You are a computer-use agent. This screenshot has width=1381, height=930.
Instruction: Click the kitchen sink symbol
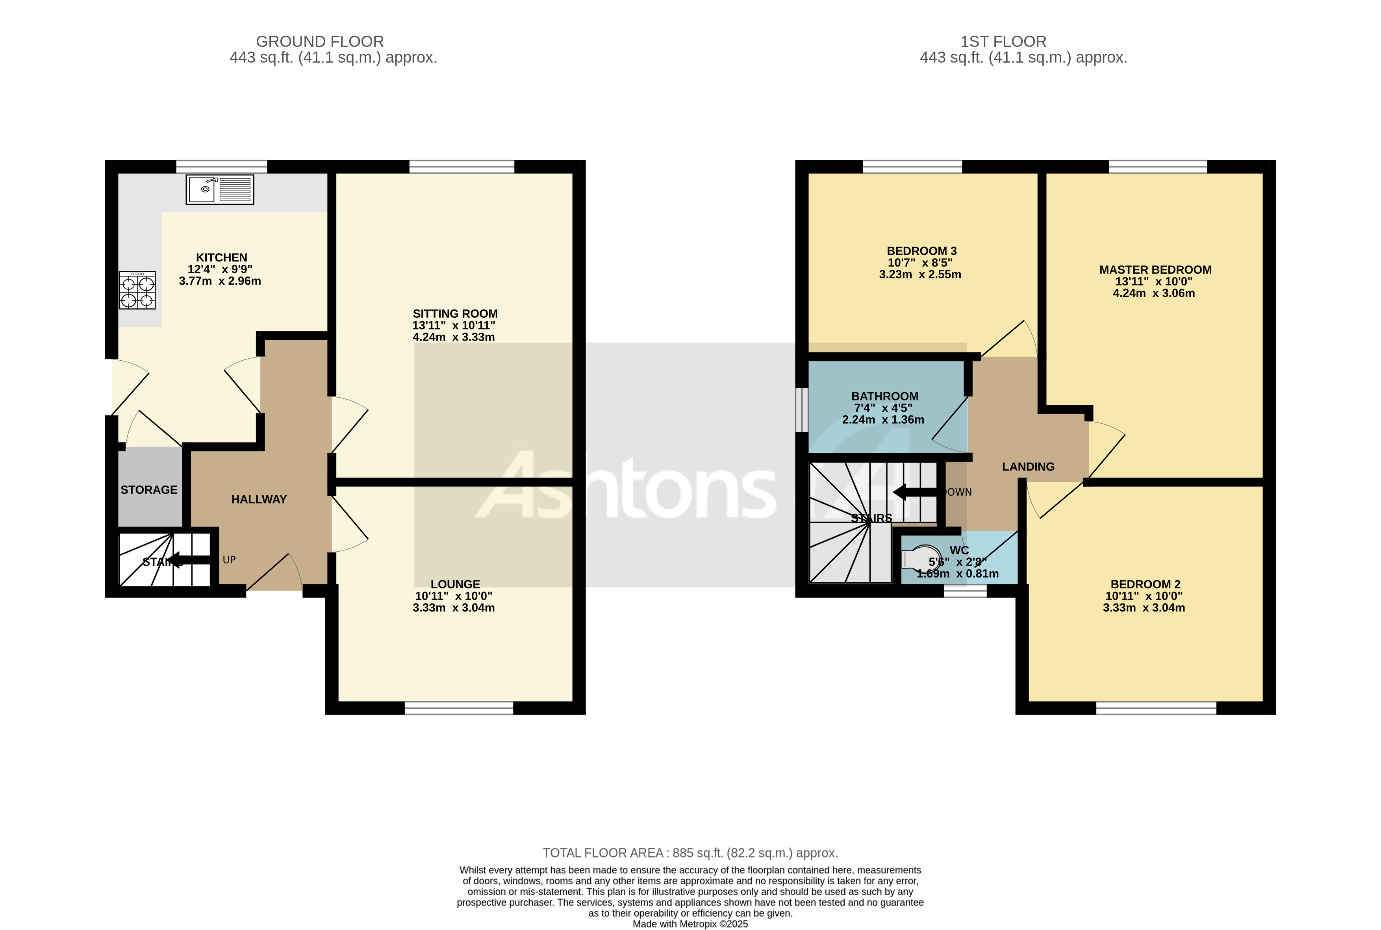pyautogui.click(x=219, y=189)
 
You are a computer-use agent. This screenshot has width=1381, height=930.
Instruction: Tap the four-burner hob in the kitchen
pyautogui.click(x=137, y=290)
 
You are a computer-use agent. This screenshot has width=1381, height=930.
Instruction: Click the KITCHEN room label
pyautogui.click(x=221, y=258)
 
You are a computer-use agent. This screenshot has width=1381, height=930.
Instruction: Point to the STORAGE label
pyautogui.click(x=149, y=490)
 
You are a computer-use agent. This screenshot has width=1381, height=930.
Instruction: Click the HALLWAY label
pyautogui.click(x=259, y=499)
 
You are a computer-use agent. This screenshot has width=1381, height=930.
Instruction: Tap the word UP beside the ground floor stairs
pyautogui.click(x=229, y=560)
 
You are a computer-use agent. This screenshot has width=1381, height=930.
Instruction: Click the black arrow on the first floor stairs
pyautogui.click(x=914, y=492)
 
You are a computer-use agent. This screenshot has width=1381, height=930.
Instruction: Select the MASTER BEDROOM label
pyautogui.click(x=1155, y=270)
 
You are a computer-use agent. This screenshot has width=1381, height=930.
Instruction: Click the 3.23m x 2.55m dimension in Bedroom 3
pyautogui.click(x=919, y=274)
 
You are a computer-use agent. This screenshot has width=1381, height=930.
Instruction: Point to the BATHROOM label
pyautogui.click(x=884, y=396)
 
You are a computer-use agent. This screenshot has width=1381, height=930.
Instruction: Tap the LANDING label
pyautogui.click(x=1028, y=467)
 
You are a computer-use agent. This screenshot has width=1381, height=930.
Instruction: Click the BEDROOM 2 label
pyautogui.click(x=1145, y=584)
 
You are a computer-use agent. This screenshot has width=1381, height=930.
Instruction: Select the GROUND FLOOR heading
pyautogui.click(x=320, y=41)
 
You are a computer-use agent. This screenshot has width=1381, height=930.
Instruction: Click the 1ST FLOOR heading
pyautogui.click(x=1003, y=41)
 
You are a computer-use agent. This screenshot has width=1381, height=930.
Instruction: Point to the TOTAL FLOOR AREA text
pyautogui.click(x=690, y=853)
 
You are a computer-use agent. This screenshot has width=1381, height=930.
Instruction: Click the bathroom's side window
pyautogui.click(x=801, y=410)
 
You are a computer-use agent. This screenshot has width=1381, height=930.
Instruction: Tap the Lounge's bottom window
pyautogui.click(x=458, y=708)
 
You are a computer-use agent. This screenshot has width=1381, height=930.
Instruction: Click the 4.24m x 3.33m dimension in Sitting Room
pyautogui.click(x=453, y=337)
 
